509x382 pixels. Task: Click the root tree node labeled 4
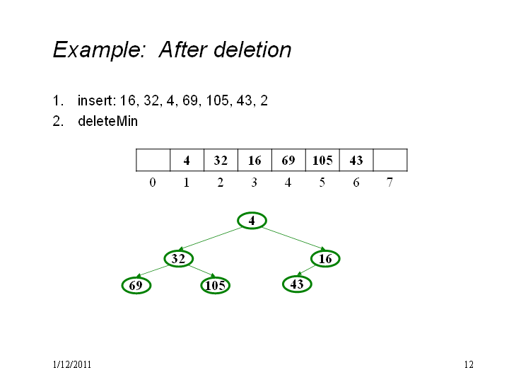pos(252,221)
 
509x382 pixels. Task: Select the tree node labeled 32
pos(179,259)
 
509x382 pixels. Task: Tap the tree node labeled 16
pos(325,259)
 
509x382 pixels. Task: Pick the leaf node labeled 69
pos(136,286)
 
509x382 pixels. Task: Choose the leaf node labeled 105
pos(216,286)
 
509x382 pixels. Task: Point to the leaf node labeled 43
pos(297,284)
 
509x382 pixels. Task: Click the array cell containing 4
pos(187,160)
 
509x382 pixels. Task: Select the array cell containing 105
pos(322,160)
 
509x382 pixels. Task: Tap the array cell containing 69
pos(288,160)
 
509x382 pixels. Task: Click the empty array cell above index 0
pos(153,160)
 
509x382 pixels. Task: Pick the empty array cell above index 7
pos(390,160)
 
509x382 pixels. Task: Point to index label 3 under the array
pos(255,183)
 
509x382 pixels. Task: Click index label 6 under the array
pos(356,183)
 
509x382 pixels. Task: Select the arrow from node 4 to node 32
pos(211,239)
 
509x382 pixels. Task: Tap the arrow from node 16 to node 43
pos(306,270)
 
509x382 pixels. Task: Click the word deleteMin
pos(107,121)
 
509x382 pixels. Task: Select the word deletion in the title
pos(252,50)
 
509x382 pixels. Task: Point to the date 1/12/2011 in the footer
pos(71,364)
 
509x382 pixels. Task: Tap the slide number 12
pos(469,364)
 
